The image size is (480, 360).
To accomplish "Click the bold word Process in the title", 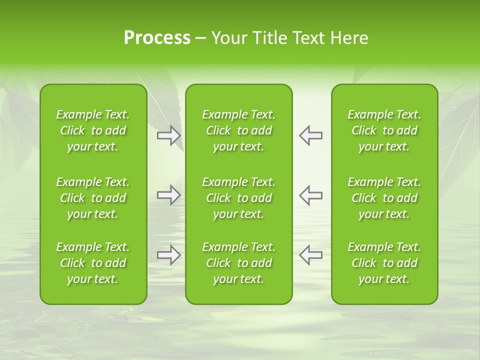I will (157, 38).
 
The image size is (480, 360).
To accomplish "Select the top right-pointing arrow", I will (169, 135).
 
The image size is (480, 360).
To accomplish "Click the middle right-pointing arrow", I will (169, 195).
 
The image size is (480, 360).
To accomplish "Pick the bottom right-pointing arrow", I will (169, 255).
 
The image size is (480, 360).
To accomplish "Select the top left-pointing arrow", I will (310, 135).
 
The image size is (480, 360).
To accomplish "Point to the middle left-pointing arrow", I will (310, 195).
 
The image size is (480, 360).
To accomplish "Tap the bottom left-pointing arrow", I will (310, 255).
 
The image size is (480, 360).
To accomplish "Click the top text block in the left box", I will (93, 130).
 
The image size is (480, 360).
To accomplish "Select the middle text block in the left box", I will (93, 198).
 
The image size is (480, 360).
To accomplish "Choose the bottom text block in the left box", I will (93, 263).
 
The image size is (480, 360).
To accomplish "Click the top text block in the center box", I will (239, 130).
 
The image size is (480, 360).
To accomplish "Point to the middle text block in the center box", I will (239, 198).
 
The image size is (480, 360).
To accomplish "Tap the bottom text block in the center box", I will (239, 263).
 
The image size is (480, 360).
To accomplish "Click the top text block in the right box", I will (384, 130).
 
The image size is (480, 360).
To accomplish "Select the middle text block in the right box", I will (384, 198).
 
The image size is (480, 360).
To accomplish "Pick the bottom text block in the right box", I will (384, 263).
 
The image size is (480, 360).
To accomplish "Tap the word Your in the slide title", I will (227, 38).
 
